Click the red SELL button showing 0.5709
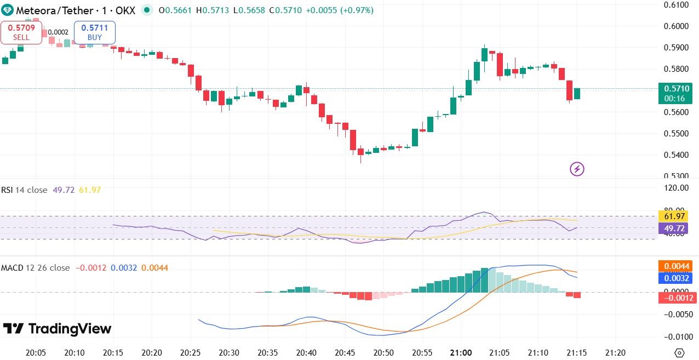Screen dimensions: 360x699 tap(21, 32)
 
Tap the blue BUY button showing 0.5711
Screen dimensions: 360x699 tap(95, 32)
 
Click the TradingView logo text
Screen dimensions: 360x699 tap(58, 329)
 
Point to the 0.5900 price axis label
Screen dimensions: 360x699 tap(676, 48)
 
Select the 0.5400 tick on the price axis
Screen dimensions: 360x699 tap(676, 155)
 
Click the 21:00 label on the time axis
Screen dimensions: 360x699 tap(461, 353)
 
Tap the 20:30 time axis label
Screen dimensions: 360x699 tap(228, 353)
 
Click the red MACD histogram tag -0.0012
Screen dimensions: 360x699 tap(677, 298)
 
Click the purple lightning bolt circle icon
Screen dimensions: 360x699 tap(577, 169)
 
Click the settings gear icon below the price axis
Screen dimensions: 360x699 tap(680, 353)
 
